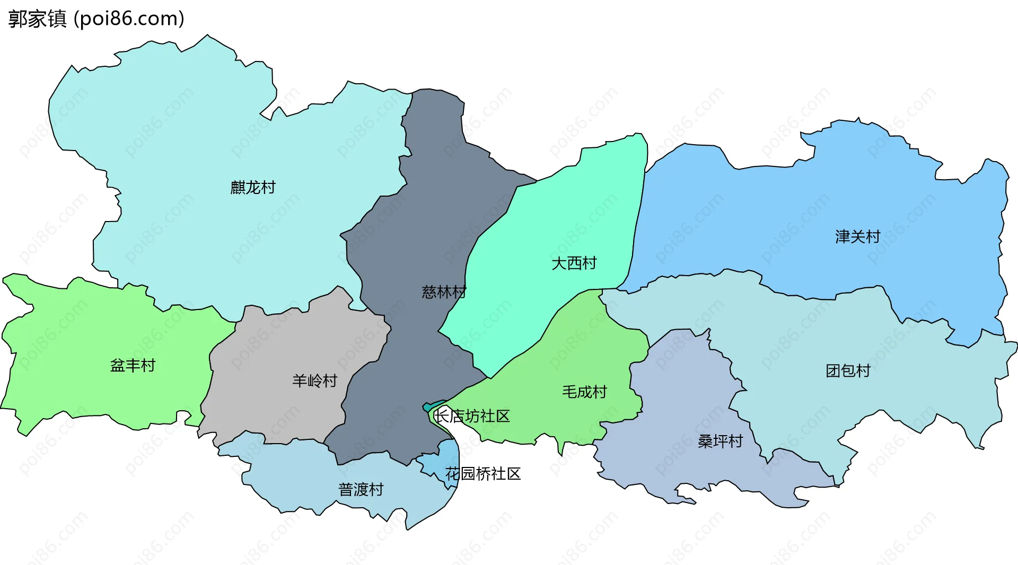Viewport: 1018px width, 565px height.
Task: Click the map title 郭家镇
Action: pyautogui.click(x=37, y=19)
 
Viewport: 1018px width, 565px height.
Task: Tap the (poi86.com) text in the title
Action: pyautogui.click(x=129, y=19)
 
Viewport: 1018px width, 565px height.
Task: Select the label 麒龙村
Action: pyautogui.click(x=253, y=188)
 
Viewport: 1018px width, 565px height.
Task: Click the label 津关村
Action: pyautogui.click(x=857, y=236)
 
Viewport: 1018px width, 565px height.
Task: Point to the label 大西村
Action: pyautogui.click(x=574, y=263)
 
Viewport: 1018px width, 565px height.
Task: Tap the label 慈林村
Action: pyautogui.click(x=444, y=292)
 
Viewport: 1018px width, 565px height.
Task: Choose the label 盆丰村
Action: pyautogui.click(x=133, y=366)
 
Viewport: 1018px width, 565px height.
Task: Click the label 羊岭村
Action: pyautogui.click(x=314, y=381)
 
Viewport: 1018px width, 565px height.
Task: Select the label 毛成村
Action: pyautogui.click(x=584, y=392)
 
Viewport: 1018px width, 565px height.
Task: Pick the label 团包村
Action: pyautogui.click(x=848, y=371)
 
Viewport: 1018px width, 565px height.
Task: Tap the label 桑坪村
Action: pyautogui.click(x=720, y=442)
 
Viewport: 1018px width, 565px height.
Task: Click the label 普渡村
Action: pyautogui.click(x=361, y=490)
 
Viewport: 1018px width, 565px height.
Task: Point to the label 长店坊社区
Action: pyautogui.click(x=472, y=416)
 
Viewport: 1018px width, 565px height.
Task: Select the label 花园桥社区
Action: pyautogui.click(x=483, y=474)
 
